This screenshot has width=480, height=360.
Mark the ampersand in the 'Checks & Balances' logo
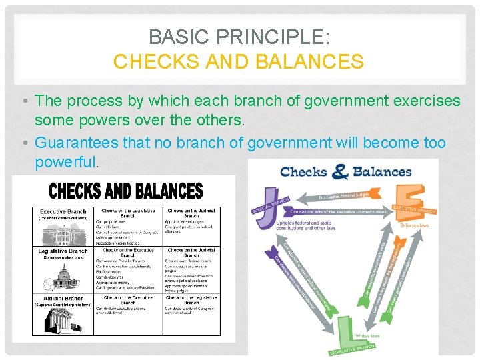point(340,172)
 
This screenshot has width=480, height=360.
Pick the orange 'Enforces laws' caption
point(415,225)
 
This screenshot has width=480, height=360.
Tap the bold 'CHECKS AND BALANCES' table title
point(126,191)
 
